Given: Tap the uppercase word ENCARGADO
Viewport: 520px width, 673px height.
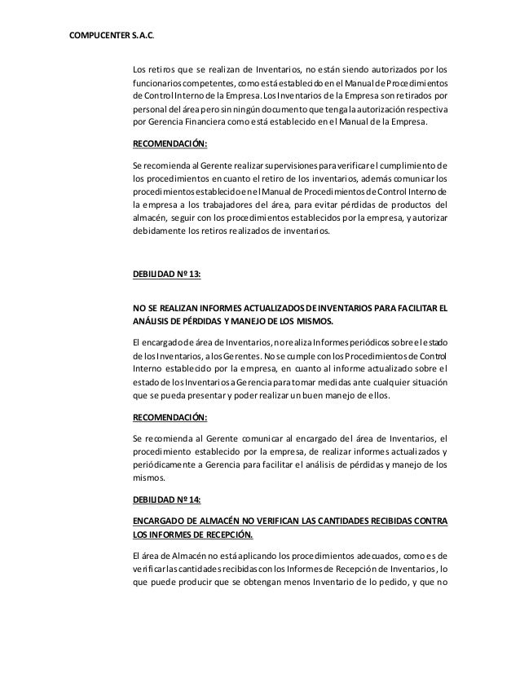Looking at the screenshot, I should point(161,520).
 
